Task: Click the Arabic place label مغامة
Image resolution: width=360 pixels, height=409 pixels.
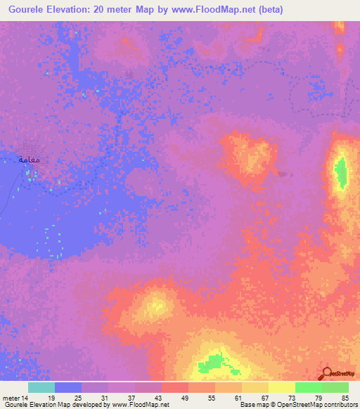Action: [x=28, y=160]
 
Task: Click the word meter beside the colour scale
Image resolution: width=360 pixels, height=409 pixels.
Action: [x=12, y=397]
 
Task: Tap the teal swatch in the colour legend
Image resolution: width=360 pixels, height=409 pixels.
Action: [x=41, y=387]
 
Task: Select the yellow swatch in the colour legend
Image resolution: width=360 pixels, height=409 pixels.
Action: [x=282, y=387]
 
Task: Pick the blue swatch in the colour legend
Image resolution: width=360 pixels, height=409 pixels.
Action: [x=68, y=387]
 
